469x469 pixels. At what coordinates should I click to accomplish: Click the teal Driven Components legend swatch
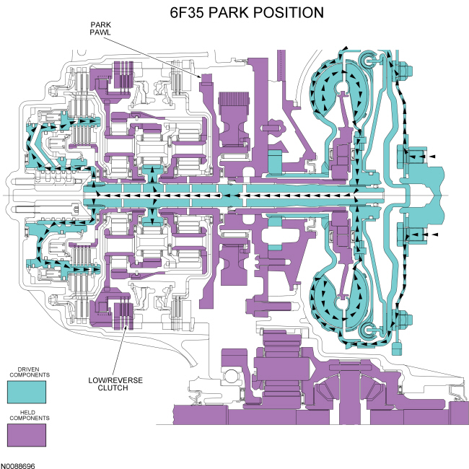26,392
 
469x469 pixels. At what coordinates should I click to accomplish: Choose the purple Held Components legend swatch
26,435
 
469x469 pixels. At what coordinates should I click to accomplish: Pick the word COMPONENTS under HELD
27,418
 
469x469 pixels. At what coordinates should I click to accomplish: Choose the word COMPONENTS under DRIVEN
27,376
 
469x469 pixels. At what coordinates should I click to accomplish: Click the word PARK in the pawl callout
99,24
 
